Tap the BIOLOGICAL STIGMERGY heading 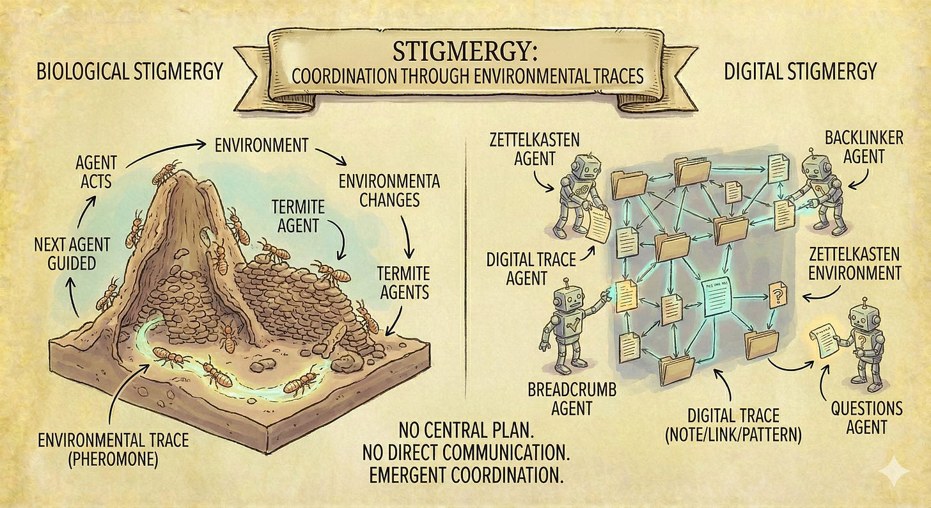(x=129, y=71)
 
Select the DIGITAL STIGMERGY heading (x=799, y=71)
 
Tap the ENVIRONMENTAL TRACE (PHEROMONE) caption (x=113, y=450)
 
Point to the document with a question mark (x=778, y=296)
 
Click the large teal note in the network (x=721, y=298)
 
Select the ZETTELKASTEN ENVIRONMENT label (x=855, y=262)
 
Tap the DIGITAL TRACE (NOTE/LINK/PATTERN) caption (x=733, y=427)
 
